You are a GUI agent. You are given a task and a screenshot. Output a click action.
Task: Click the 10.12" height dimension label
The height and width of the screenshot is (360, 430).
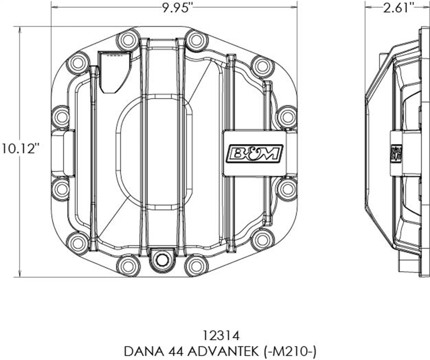[x=21, y=148]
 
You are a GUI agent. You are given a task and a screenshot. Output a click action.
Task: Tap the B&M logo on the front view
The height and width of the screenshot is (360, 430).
[x=255, y=153]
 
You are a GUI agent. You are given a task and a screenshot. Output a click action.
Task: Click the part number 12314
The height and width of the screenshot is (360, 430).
[x=220, y=336]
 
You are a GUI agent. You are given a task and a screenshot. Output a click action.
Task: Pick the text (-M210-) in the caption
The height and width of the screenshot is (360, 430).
[x=290, y=351]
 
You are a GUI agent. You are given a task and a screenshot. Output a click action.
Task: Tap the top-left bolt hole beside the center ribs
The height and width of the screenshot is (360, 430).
[x=128, y=39]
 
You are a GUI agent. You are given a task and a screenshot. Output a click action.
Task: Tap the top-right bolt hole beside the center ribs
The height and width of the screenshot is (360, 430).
[x=196, y=39]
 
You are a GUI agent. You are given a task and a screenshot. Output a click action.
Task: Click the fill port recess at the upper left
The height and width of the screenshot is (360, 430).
[x=114, y=71]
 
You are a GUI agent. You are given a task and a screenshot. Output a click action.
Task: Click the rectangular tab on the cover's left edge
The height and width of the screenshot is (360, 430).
[x=63, y=153]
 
